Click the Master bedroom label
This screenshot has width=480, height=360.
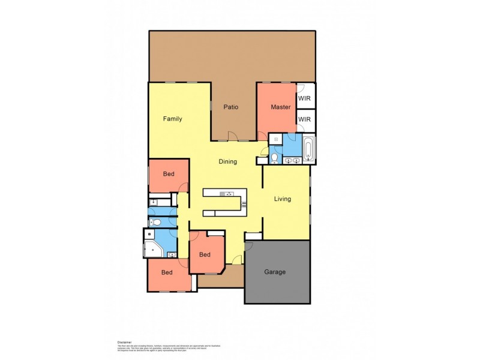(280, 107)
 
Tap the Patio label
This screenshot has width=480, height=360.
(231, 107)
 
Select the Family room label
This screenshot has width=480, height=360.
(172, 119)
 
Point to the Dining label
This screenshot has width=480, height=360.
(227, 161)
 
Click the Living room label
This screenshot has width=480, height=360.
(283, 199)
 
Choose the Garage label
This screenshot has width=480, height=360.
(275, 272)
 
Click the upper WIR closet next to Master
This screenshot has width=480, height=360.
(305, 95)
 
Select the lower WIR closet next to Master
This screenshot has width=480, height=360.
(305, 119)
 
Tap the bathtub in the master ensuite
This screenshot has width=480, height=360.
(308, 149)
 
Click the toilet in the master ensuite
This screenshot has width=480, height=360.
(274, 158)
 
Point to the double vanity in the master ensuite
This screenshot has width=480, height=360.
(293, 160)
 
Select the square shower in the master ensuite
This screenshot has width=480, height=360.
(275, 139)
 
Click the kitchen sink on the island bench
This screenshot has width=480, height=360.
(227, 194)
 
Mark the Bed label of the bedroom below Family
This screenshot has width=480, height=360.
(169, 174)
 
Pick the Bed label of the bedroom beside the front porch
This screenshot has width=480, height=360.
(205, 254)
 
